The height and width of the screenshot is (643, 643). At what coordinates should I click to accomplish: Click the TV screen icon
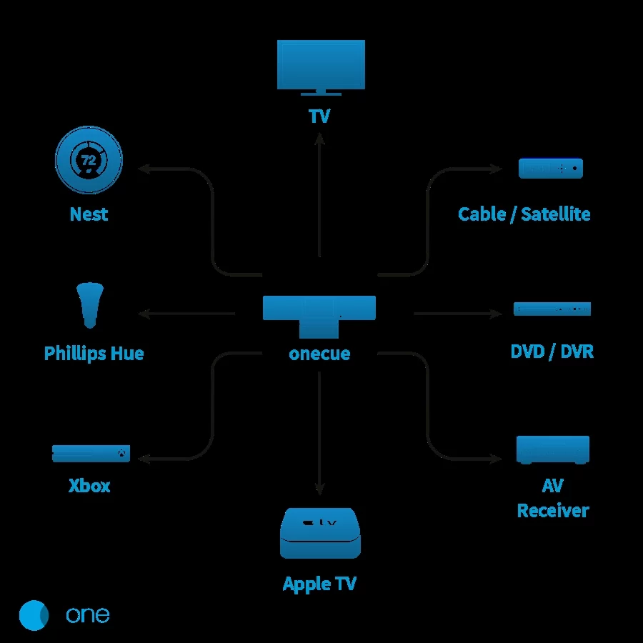pyautogui.click(x=321, y=65)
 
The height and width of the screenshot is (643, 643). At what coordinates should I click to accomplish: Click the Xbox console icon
pyautogui.click(x=91, y=454)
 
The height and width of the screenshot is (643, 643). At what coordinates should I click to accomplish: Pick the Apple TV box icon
pyautogui.click(x=319, y=533)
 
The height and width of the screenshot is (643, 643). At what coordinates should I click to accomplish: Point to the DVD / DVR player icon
pyautogui.click(x=552, y=309)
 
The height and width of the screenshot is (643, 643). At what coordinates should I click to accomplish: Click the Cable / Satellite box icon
pyautogui.click(x=551, y=169)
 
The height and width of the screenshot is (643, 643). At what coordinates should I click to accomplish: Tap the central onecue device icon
pyautogui.click(x=319, y=314)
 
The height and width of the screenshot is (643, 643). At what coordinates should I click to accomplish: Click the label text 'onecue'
pyautogui.click(x=319, y=354)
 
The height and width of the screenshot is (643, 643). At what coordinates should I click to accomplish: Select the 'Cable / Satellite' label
pyautogui.click(x=524, y=214)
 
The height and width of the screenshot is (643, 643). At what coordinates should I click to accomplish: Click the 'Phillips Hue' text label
pyautogui.click(x=94, y=353)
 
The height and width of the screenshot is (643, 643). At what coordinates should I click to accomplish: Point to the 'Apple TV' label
pyautogui.click(x=319, y=584)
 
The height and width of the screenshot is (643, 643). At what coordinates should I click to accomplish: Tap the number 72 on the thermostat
pyautogui.click(x=89, y=161)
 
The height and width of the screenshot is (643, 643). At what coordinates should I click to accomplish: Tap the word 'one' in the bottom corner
pyautogui.click(x=88, y=615)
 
